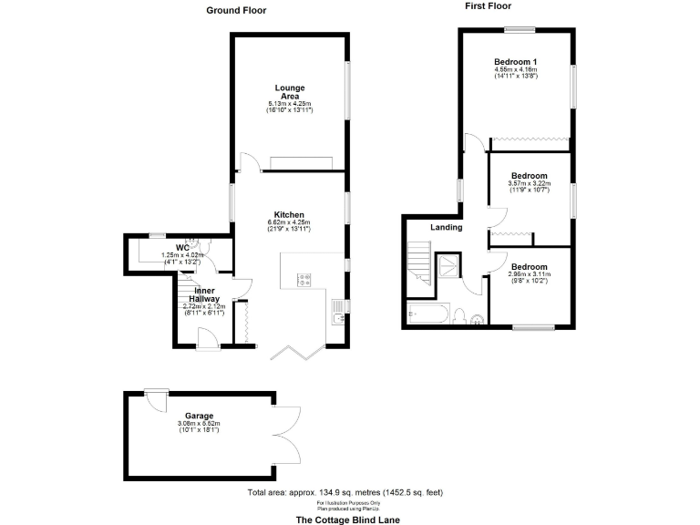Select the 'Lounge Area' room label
point(289,91)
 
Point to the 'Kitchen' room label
point(289,215)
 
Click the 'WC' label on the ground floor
point(182,247)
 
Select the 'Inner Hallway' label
point(203,293)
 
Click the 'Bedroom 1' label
point(516,61)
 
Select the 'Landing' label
point(447,227)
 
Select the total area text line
point(345,492)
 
